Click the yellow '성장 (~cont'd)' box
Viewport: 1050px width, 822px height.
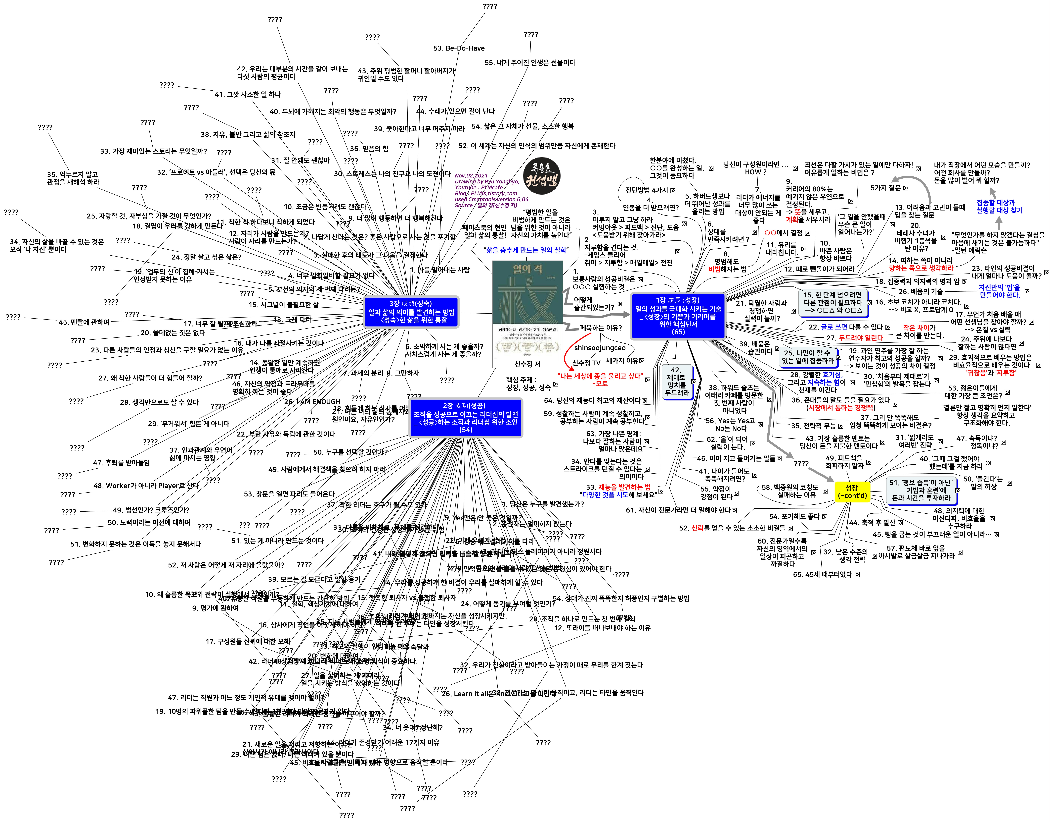coord(852,491)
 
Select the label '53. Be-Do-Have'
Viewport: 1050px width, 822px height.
coord(459,48)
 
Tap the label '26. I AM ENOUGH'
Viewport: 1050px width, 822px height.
coord(312,401)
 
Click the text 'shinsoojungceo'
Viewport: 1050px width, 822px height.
coord(600,347)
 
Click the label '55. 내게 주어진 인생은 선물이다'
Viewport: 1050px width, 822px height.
coord(530,63)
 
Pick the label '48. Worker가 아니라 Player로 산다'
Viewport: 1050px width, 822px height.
coord(146,486)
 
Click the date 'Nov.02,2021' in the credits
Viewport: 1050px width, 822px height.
coord(471,176)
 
